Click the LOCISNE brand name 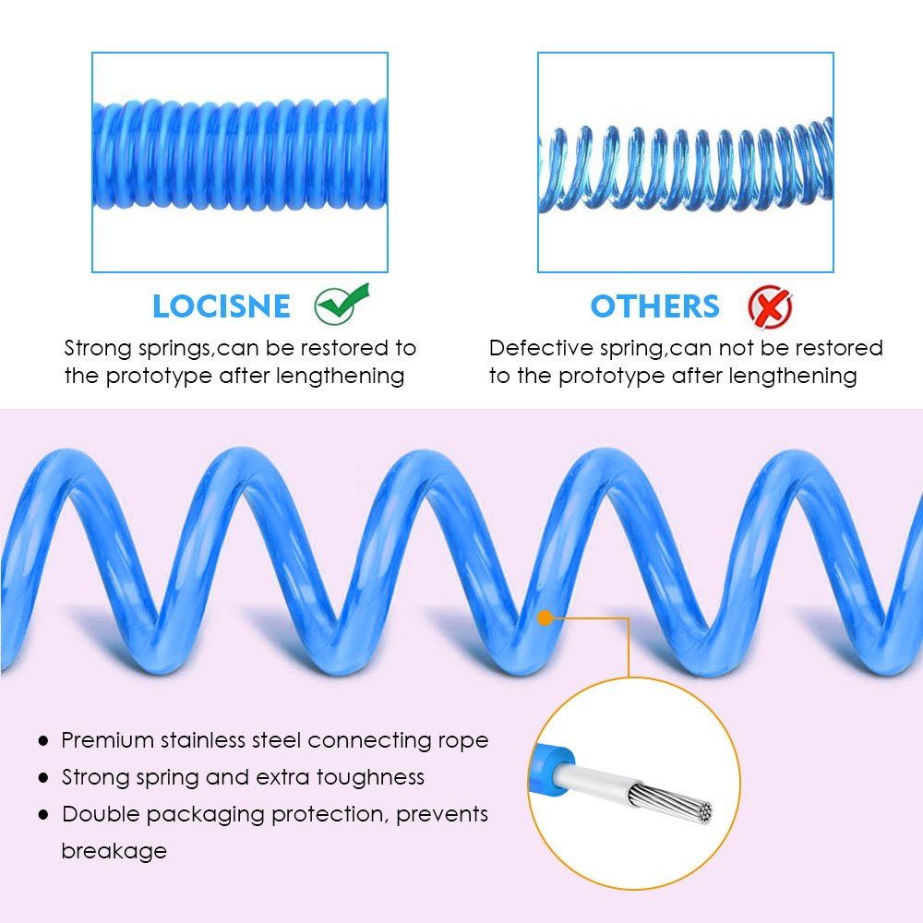[x=221, y=306]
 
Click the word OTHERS [x=654, y=306]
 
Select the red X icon [x=770, y=307]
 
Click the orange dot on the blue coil [x=545, y=617]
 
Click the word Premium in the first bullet [x=107, y=740]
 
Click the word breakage [x=114, y=851]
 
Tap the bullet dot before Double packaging [x=42, y=815]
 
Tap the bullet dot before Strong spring [x=42, y=778]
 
